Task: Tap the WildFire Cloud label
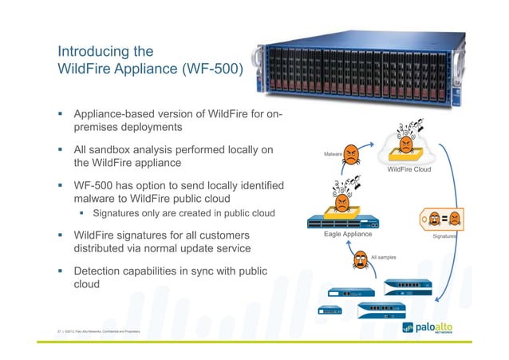(408, 169)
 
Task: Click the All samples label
(384, 257)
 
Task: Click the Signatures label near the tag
(444, 237)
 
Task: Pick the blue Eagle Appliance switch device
(344, 222)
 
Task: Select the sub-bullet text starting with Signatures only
(183, 213)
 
